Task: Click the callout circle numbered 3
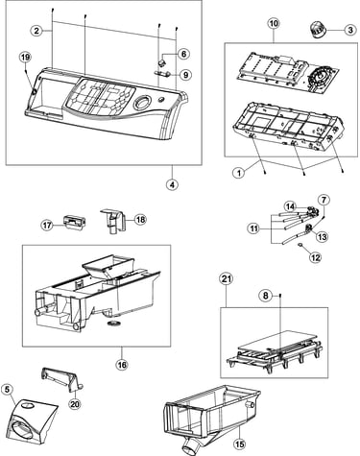350,30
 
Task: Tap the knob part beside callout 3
318,30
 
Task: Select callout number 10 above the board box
274,23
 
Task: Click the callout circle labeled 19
25,58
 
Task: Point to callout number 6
183,54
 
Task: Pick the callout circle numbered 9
185,75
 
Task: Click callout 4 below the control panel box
173,184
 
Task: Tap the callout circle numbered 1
239,173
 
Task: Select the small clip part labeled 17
75,221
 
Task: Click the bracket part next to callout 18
113,221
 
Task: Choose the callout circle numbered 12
316,257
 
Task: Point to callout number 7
324,200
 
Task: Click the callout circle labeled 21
227,279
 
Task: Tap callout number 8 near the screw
266,296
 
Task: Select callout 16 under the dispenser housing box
122,365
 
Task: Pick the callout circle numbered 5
8,389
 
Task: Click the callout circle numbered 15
240,444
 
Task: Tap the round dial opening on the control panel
141,103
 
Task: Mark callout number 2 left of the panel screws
36,31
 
